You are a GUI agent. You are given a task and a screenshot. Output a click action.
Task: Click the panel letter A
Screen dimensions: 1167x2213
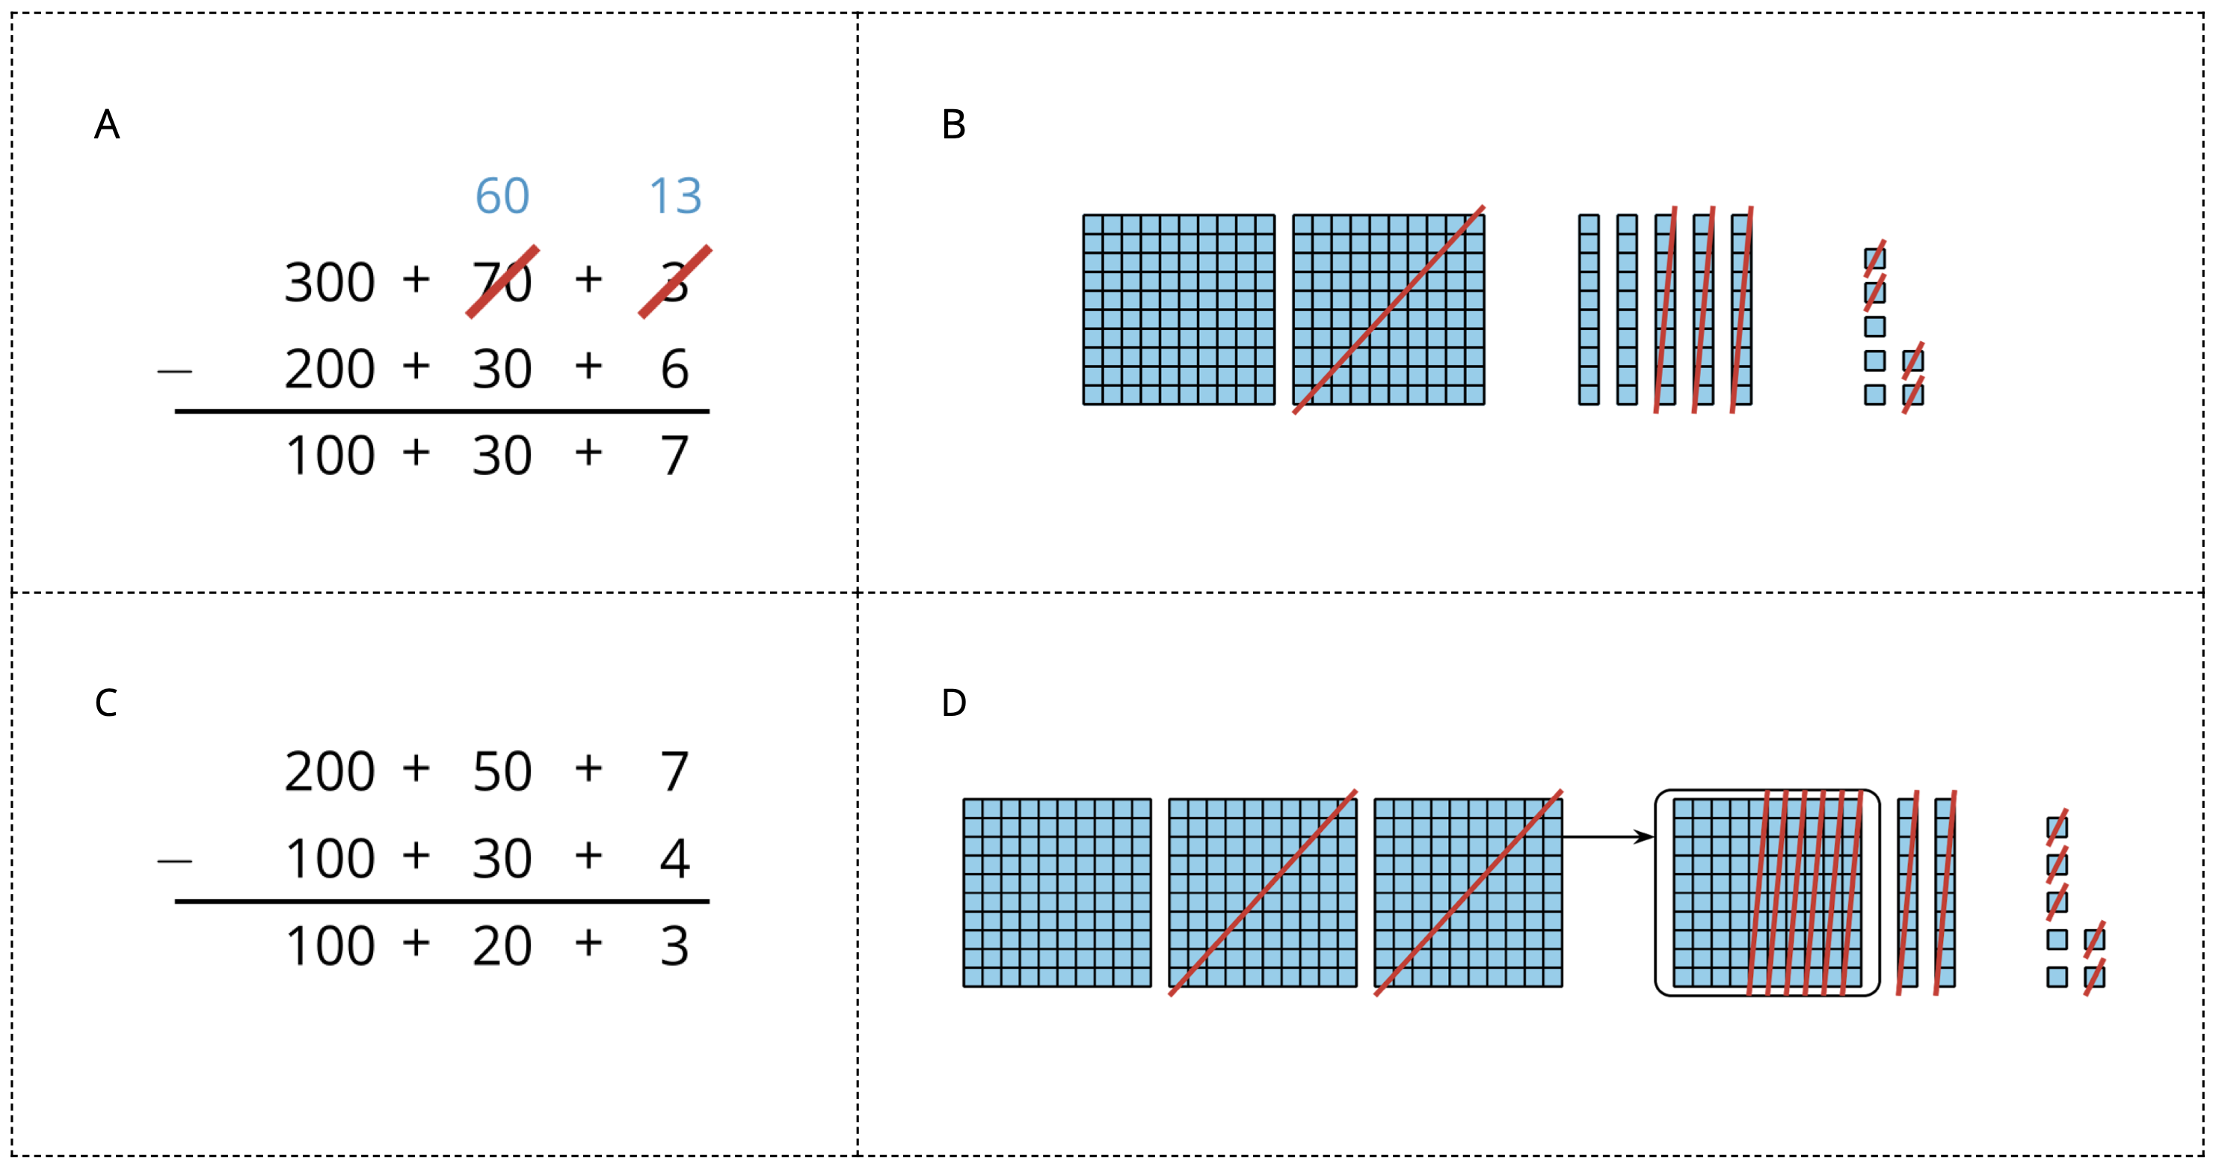point(106,125)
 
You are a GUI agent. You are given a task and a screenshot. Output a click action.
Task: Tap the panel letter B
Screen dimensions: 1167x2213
point(953,125)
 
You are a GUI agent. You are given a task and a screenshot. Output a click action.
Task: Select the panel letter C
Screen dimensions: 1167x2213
point(105,703)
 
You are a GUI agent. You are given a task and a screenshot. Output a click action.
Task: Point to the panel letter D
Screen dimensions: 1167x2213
point(953,703)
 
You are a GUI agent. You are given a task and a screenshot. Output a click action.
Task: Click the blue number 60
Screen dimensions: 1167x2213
point(502,197)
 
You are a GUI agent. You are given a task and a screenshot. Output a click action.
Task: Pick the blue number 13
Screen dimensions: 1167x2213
point(675,197)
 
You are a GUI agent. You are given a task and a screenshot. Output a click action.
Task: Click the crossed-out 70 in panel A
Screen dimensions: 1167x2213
point(502,282)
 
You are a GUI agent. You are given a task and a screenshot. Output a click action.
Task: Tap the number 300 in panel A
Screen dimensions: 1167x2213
point(330,283)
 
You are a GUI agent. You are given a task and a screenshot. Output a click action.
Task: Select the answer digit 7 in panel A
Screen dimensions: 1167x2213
point(674,456)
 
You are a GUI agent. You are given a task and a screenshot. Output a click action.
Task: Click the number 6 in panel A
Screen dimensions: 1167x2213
point(674,370)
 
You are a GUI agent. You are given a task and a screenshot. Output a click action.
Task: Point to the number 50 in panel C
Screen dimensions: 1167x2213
point(502,772)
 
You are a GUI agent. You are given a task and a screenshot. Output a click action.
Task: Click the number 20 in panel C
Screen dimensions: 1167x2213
point(502,946)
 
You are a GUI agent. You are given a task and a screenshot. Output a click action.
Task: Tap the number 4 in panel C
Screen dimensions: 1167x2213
point(674,859)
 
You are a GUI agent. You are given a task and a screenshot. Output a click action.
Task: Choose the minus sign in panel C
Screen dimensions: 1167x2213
point(174,860)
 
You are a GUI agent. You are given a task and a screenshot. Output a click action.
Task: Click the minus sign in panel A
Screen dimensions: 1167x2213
point(174,371)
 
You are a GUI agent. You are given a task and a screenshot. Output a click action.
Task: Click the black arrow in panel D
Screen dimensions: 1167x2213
point(1607,836)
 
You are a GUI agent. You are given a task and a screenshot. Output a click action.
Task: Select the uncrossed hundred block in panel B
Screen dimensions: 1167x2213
point(1179,310)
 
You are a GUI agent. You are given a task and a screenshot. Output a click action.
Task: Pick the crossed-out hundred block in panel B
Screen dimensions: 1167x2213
point(1388,310)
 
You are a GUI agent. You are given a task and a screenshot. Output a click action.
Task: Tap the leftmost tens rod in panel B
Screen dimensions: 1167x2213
point(1589,310)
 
